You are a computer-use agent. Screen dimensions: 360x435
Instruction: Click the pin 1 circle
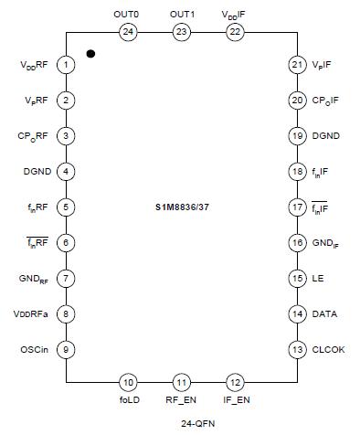coord(67,65)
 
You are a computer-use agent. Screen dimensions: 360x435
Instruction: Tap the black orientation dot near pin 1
coord(90,54)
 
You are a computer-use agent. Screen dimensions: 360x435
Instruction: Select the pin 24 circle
coord(128,32)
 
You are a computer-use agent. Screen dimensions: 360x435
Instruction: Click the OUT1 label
coord(182,14)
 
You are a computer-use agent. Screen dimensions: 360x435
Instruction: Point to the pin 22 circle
coord(236,32)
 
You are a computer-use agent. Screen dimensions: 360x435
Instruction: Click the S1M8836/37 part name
coord(181,207)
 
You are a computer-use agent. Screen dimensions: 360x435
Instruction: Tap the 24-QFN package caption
coord(181,424)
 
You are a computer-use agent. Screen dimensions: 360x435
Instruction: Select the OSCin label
coord(36,349)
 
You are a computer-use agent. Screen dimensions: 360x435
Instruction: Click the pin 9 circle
coord(67,349)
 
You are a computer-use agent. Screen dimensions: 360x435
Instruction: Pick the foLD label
coord(128,400)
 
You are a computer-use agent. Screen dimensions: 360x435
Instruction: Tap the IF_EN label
coord(236,400)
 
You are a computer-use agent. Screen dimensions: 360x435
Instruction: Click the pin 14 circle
coord(296,313)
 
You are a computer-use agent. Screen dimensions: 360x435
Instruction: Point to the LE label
coord(317,278)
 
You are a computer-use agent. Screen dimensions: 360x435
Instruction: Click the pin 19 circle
coord(296,136)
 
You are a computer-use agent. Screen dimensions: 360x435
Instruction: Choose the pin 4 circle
coord(67,171)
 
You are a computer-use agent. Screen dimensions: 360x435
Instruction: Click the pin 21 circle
coord(296,65)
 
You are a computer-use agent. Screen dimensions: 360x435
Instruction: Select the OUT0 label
coord(128,14)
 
